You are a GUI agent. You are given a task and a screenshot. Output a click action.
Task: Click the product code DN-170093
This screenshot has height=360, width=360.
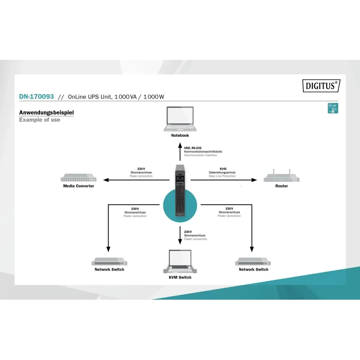(36, 97)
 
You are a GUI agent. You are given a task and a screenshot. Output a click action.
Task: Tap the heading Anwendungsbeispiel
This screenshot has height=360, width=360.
(46, 112)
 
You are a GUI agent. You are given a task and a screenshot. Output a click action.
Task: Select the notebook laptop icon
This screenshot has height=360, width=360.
(180, 119)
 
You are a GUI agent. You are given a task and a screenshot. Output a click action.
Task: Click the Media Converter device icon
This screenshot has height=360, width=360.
(79, 178)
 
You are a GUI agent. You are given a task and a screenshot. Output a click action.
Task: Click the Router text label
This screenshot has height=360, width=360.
(282, 186)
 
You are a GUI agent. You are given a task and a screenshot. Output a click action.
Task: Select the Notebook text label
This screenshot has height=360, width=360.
(180, 135)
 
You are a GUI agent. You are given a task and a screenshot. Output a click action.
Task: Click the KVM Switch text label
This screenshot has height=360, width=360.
(180, 278)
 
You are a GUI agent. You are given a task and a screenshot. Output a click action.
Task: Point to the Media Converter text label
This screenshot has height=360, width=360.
(79, 186)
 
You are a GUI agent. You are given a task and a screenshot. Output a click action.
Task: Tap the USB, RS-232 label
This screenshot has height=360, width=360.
(193, 148)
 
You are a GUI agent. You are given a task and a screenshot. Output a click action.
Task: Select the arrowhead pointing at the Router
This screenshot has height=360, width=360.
(254, 180)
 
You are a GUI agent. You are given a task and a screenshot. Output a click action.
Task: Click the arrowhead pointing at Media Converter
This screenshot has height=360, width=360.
(105, 180)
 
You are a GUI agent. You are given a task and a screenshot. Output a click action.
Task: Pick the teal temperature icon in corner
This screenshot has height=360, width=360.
(333, 108)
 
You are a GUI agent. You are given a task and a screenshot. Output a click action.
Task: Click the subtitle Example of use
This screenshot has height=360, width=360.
(40, 120)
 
